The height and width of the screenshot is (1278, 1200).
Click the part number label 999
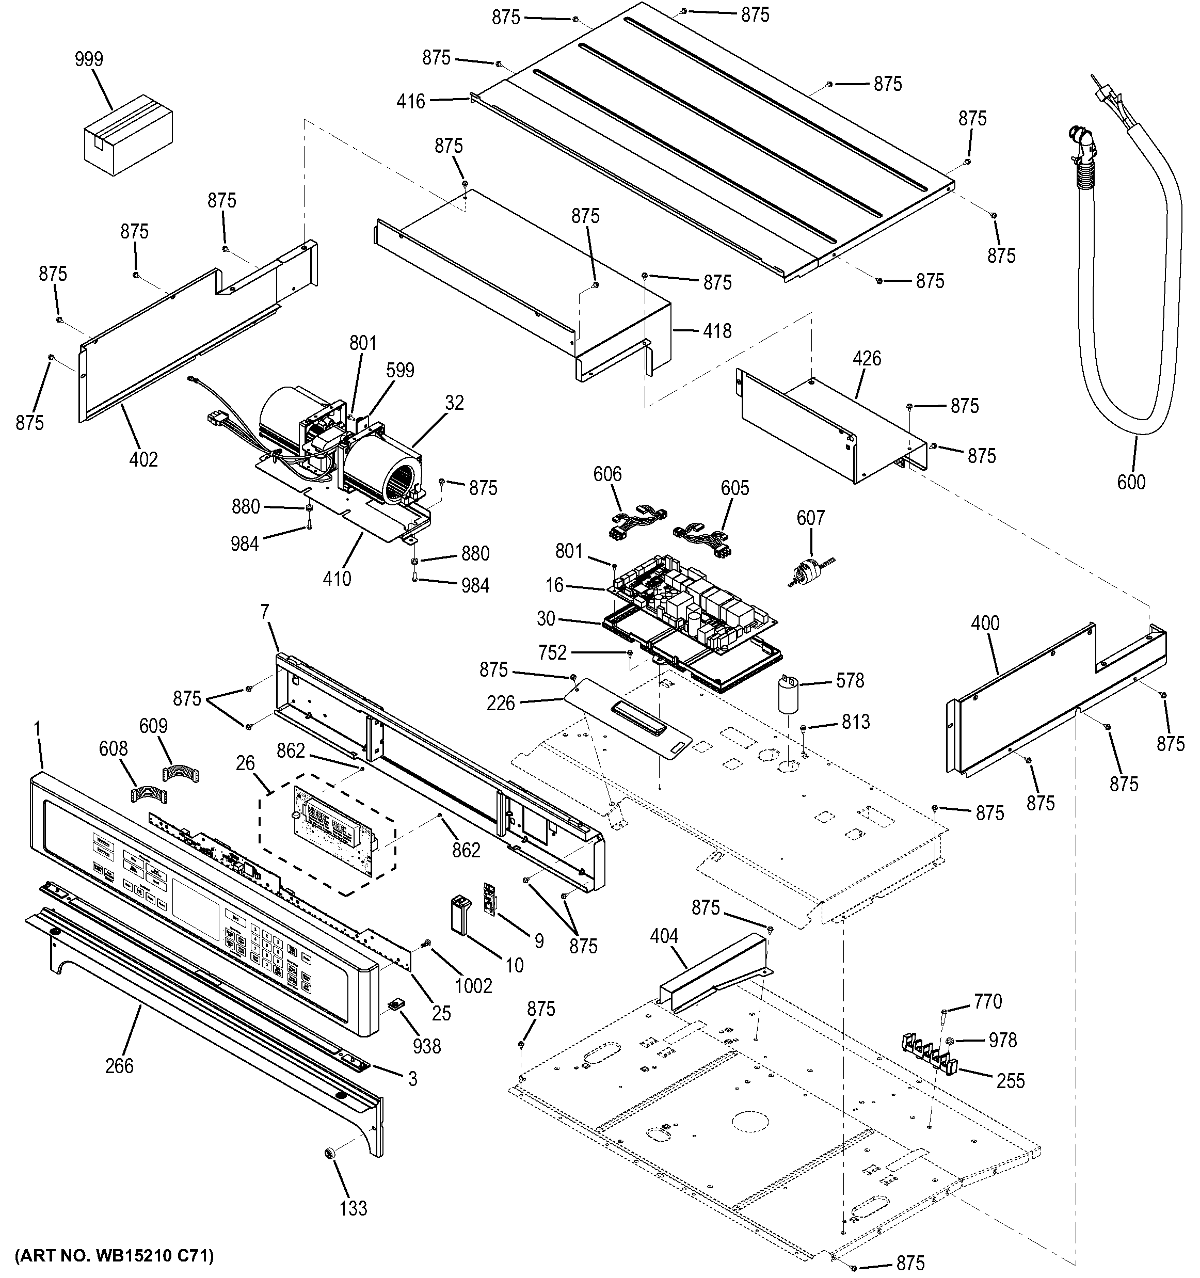pos(89,59)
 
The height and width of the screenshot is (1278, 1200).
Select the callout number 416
pos(411,101)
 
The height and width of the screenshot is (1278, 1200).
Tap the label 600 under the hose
pos(1131,482)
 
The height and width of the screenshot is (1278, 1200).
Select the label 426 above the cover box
pos(867,359)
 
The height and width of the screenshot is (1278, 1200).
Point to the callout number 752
pos(553,653)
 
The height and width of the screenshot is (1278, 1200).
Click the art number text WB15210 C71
pos(115,1255)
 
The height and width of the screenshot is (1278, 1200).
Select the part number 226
pos(501,704)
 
